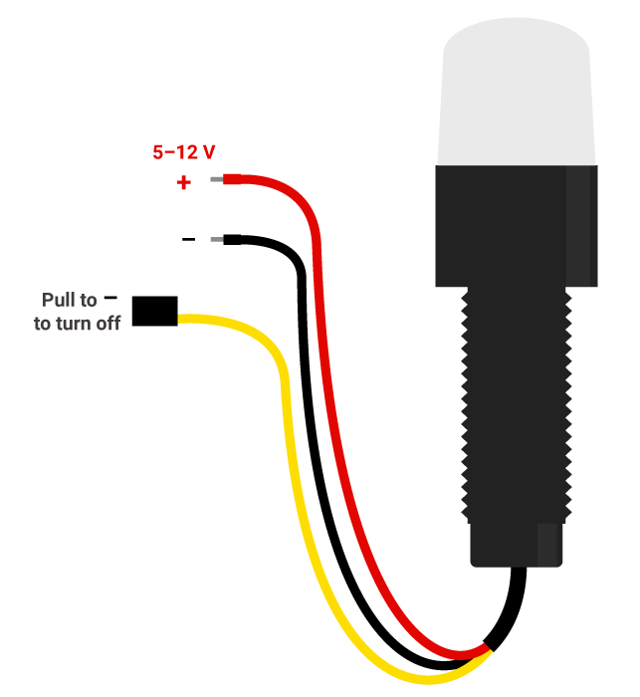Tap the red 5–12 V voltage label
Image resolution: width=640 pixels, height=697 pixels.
tap(183, 152)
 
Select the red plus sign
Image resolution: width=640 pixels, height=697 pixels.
tap(183, 183)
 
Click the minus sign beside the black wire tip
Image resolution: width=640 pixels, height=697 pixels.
tap(188, 239)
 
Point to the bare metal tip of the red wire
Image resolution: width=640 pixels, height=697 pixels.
tap(217, 180)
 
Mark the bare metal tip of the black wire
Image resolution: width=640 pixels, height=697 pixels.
tap(217, 239)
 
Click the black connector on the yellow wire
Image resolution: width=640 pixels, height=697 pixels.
tap(155, 311)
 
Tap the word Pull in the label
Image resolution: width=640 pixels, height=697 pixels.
tap(58, 300)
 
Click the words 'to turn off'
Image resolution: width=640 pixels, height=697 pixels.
tap(77, 323)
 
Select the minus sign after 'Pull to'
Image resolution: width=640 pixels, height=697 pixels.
tap(110, 297)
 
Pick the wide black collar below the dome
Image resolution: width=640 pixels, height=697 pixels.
tap(516, 224)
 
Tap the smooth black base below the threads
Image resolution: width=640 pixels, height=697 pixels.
tap(516, 545)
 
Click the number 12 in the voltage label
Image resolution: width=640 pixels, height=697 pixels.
tap(186, 152)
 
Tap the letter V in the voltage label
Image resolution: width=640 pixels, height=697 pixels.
tap(208, 152)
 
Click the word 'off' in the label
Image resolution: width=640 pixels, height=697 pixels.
tap(107, 323)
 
